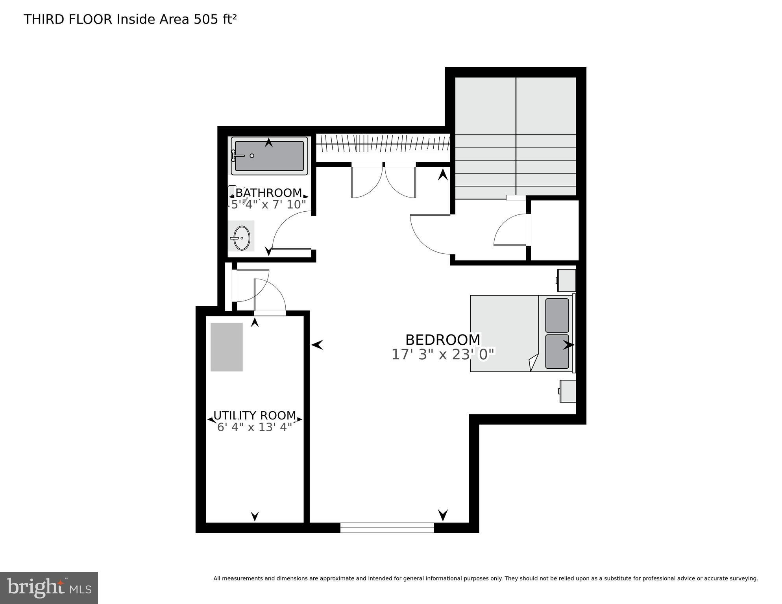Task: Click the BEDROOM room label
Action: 442,340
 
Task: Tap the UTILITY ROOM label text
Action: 255,416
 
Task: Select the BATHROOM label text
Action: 268,193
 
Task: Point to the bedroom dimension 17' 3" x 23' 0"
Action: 442,355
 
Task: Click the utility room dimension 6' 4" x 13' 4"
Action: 255,427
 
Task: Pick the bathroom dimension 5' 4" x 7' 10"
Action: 268,205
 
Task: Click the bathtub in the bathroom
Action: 269,156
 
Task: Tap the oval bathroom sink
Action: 241,238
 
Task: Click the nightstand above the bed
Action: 567,280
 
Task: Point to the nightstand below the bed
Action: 568,391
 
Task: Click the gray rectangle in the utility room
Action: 227,347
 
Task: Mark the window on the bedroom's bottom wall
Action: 387,528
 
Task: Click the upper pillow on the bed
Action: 557,316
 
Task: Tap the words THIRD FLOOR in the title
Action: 68,19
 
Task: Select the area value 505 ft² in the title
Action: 215,19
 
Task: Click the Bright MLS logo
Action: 49,588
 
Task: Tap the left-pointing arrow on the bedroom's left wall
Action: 317,345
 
